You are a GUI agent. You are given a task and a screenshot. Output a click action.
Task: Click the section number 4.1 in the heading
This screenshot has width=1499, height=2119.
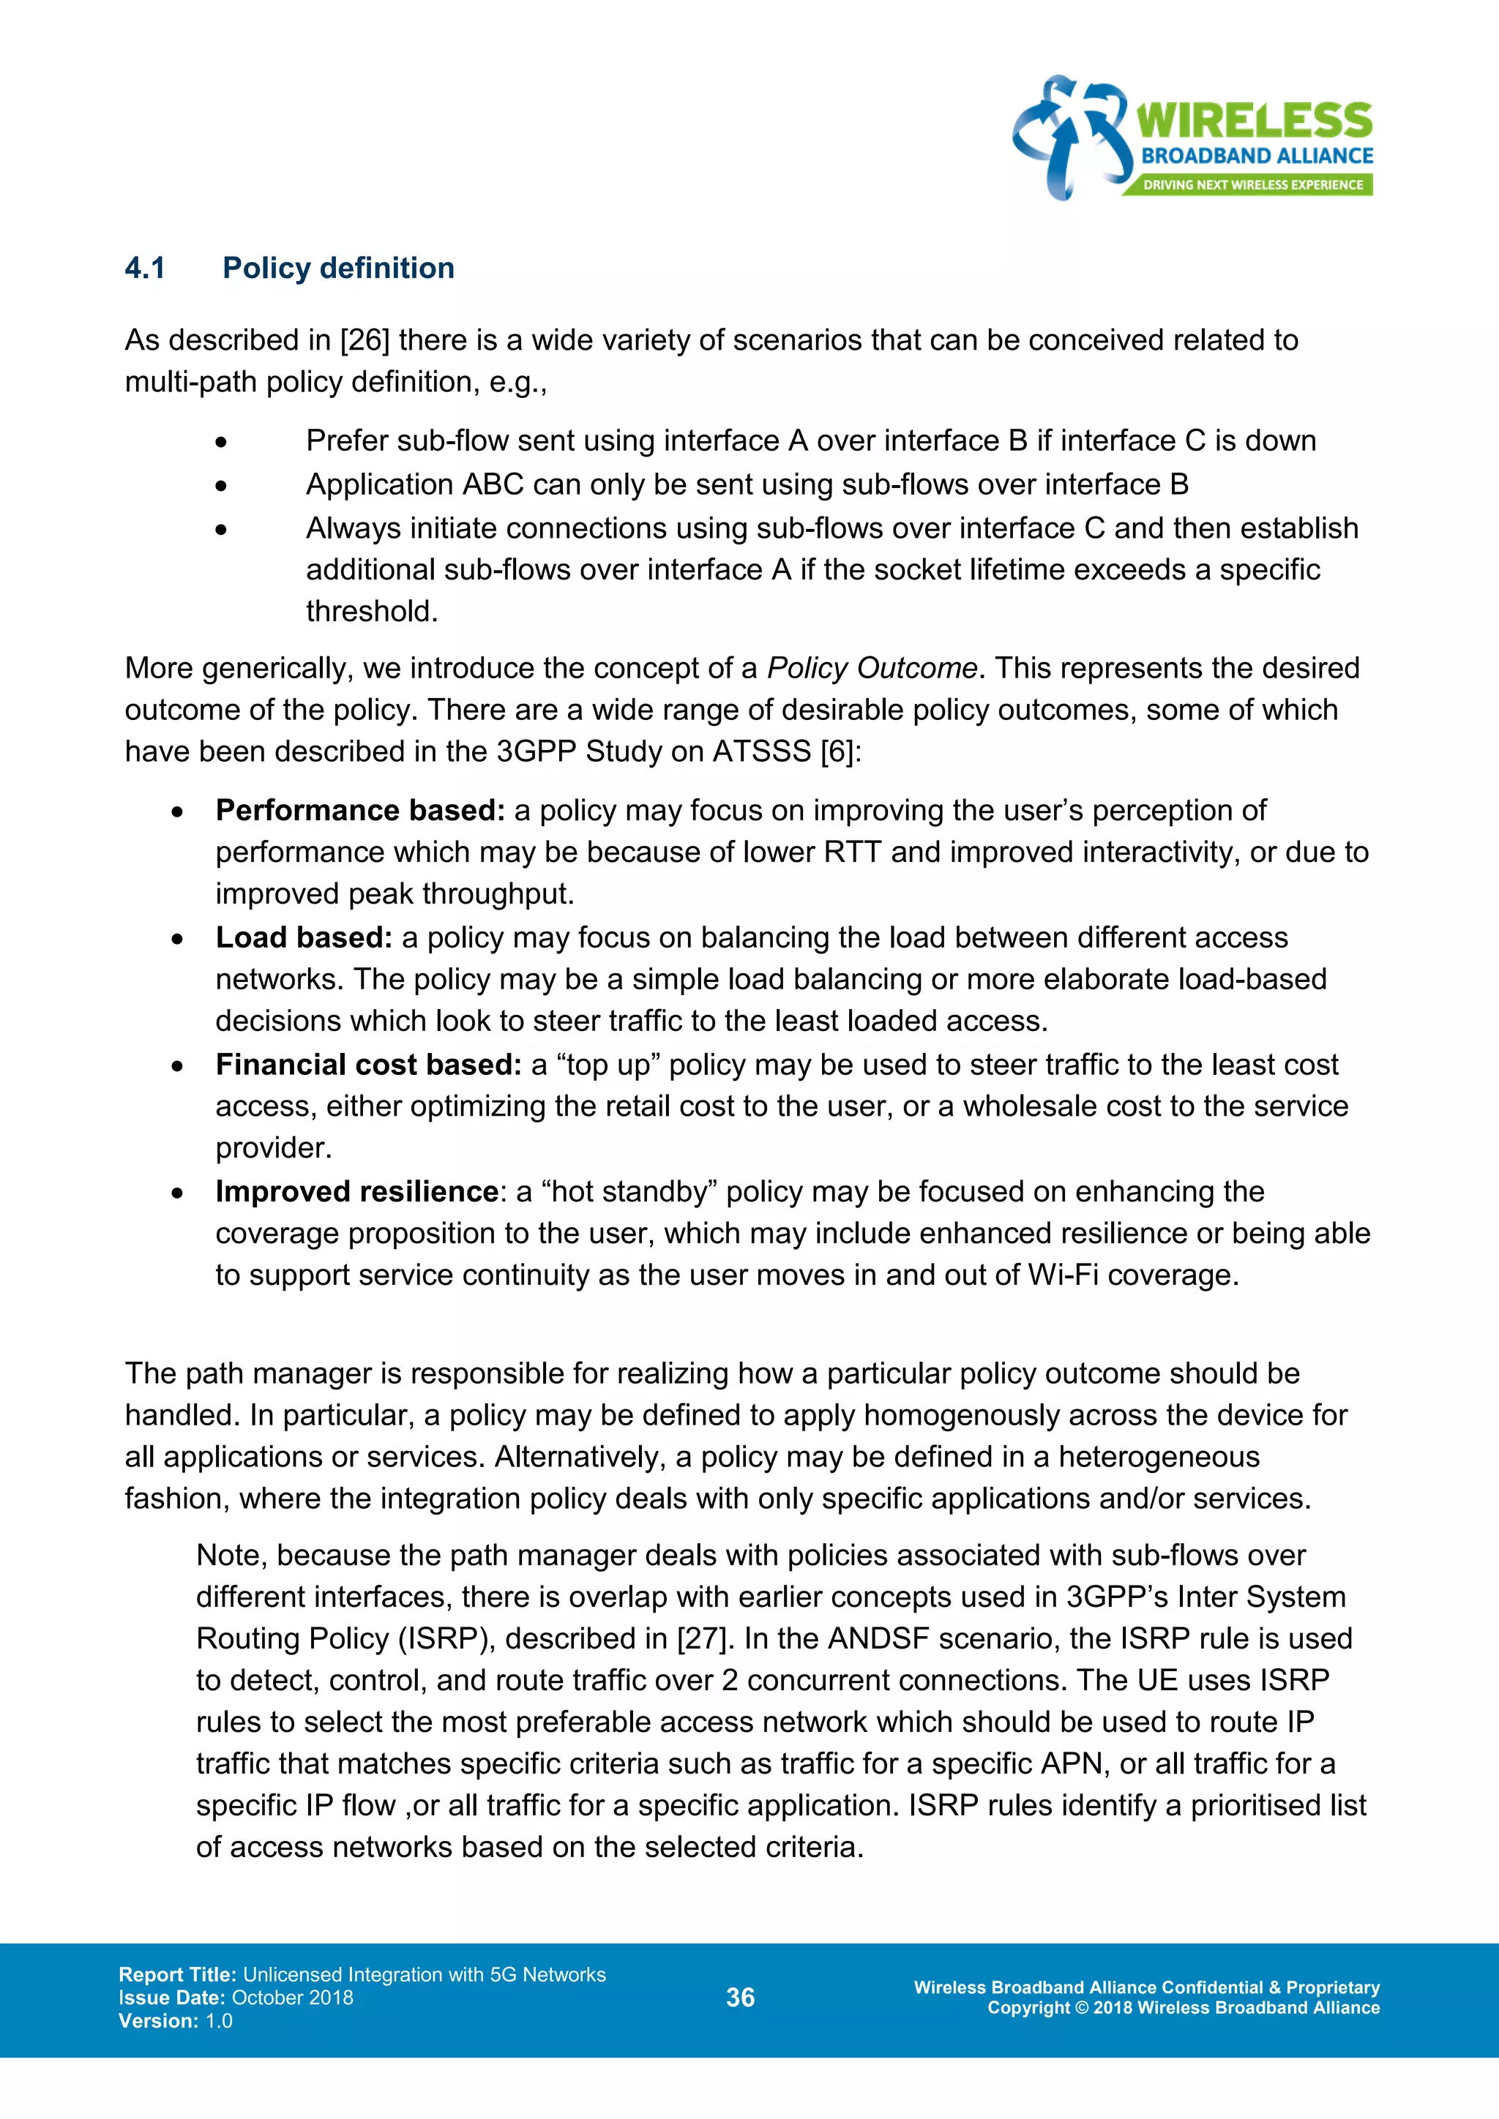click(145, 269)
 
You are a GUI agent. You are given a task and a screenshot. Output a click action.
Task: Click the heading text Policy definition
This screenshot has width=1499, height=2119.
click(338, 269)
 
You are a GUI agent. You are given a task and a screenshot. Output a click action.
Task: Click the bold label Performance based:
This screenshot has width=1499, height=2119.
click(360, 810)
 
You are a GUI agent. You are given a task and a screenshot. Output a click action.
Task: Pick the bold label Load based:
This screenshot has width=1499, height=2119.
click(304, 938)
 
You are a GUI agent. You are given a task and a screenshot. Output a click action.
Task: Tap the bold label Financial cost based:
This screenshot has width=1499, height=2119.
click(369, 1065)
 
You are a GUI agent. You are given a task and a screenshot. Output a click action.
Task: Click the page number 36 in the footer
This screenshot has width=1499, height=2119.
click(740, 1998)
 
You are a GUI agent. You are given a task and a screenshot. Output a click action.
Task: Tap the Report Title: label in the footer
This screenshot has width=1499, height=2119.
click(177, 1975)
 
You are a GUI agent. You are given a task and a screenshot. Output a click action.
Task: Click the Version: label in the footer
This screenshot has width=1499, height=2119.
click(158, 2021)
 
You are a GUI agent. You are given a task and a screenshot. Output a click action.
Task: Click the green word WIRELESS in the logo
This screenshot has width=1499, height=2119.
click(1254, 121)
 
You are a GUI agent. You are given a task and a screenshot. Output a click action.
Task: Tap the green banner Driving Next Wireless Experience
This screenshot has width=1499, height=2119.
click(1252, 184)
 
